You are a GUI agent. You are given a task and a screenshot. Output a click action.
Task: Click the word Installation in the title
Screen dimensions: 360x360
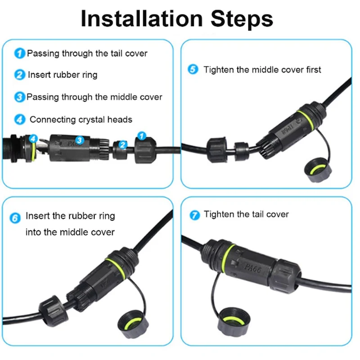tap(142, 18)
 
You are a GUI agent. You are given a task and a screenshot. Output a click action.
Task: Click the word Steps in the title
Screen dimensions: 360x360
tap(242, 18)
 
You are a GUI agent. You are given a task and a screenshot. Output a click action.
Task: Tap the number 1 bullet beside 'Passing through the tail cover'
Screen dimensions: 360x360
tap(19, 53)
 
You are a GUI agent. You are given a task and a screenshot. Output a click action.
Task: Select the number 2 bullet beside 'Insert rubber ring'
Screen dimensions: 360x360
tap(19, 75)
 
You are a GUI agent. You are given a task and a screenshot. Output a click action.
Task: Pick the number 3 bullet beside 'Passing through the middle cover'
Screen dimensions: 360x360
tap(19, 97)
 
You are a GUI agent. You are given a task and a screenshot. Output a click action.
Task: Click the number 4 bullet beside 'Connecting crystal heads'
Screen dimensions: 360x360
tap(20, 119)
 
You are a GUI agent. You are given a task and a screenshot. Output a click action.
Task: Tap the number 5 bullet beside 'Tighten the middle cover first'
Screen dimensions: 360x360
tap(193, 69)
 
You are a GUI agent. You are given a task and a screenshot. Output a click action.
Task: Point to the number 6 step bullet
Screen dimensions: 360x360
tap(15, 218)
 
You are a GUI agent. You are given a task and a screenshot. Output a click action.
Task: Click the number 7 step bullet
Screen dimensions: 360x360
tap(195, 215)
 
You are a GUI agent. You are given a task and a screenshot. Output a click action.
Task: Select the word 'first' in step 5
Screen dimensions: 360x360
tap(314, 70)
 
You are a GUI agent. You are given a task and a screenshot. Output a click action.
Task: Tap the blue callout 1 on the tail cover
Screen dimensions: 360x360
tap(142, 136)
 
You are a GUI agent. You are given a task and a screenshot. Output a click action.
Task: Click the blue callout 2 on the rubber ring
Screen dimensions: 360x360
tap(123, 144)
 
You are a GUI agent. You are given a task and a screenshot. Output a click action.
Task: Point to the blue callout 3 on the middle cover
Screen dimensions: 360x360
tap(80, 140)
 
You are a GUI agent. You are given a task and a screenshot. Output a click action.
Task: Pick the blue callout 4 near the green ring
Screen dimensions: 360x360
tap(33, 139)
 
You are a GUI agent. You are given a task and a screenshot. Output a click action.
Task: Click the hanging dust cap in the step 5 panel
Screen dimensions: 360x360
tap(318, 170)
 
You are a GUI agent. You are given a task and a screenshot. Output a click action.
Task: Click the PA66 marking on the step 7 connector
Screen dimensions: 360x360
tap(252, 268)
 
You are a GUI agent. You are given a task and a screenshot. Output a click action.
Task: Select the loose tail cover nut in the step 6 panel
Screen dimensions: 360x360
tap(53, 311)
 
